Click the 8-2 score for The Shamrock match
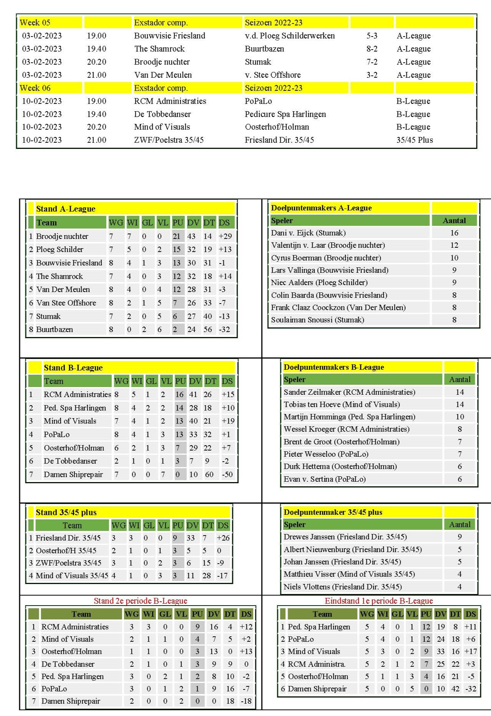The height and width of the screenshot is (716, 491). (371, 49)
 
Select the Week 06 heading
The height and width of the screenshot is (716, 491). (35, 88)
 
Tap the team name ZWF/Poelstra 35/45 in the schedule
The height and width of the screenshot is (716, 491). (168, 140)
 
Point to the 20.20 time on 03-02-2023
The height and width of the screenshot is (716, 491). (97, 62)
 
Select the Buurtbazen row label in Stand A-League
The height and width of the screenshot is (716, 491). (54, 329)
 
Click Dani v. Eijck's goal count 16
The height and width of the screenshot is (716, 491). (454, 233)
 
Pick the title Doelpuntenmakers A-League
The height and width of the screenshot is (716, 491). (321, 208)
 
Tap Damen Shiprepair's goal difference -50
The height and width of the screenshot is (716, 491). (227, 474)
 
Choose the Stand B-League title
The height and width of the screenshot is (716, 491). (73, 368)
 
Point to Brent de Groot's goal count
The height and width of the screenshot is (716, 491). (459, 442)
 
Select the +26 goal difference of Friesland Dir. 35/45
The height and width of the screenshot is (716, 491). (223, 538)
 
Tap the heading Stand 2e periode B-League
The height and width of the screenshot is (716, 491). (140, 601)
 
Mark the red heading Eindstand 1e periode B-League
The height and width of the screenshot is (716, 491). (379, 601)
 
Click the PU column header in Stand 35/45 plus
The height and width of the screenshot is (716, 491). (178, 525)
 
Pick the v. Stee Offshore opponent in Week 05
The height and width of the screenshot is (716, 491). (273, 75)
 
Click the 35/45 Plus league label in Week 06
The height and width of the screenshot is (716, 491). (414, 140)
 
